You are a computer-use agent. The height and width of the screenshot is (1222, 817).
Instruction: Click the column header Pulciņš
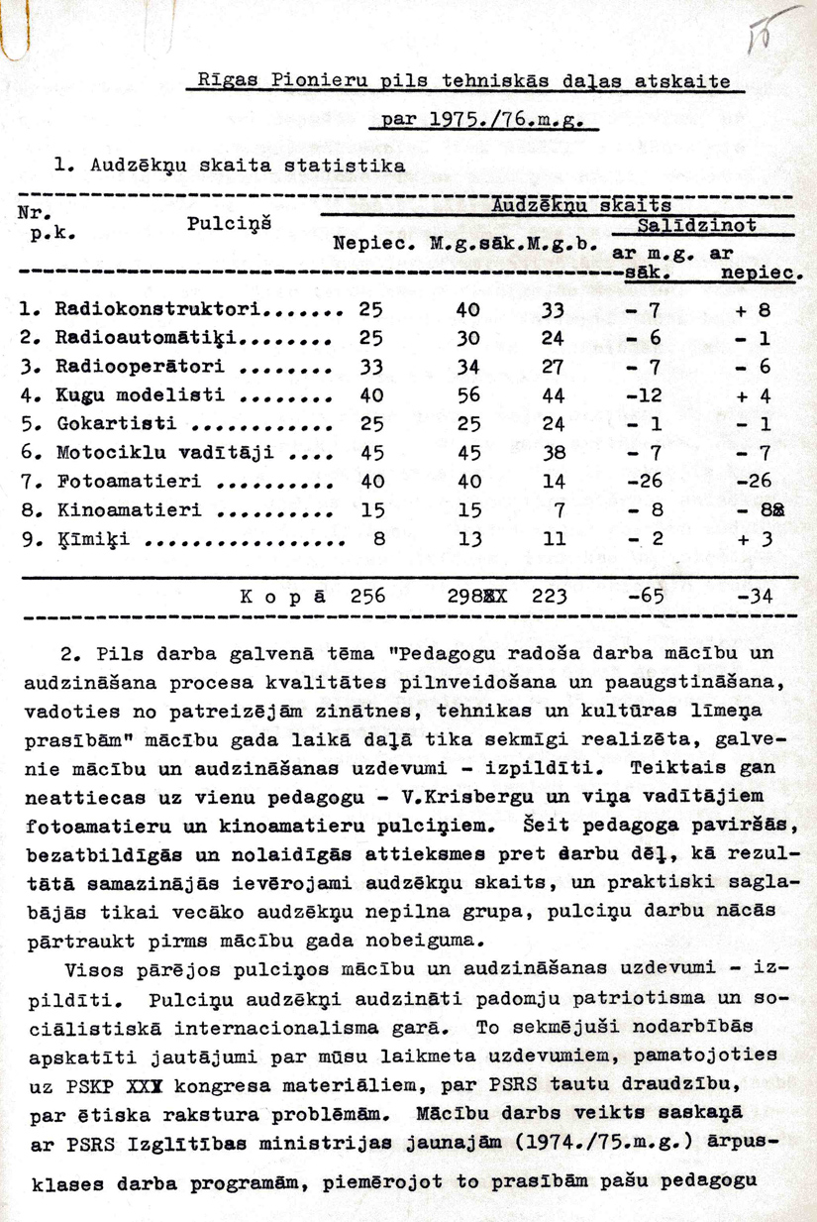tap(229, 226)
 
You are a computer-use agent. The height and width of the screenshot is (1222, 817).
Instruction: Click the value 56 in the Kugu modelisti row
tap(467, 394)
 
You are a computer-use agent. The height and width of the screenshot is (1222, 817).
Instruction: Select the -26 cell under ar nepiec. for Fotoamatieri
tap(755, 482)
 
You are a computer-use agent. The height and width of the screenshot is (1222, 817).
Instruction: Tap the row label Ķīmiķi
tap(88, 540)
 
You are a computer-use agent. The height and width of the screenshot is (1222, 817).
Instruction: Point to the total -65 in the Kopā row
tap(644, 597)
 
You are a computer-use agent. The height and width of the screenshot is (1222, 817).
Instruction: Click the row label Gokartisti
tap(115, 424)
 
